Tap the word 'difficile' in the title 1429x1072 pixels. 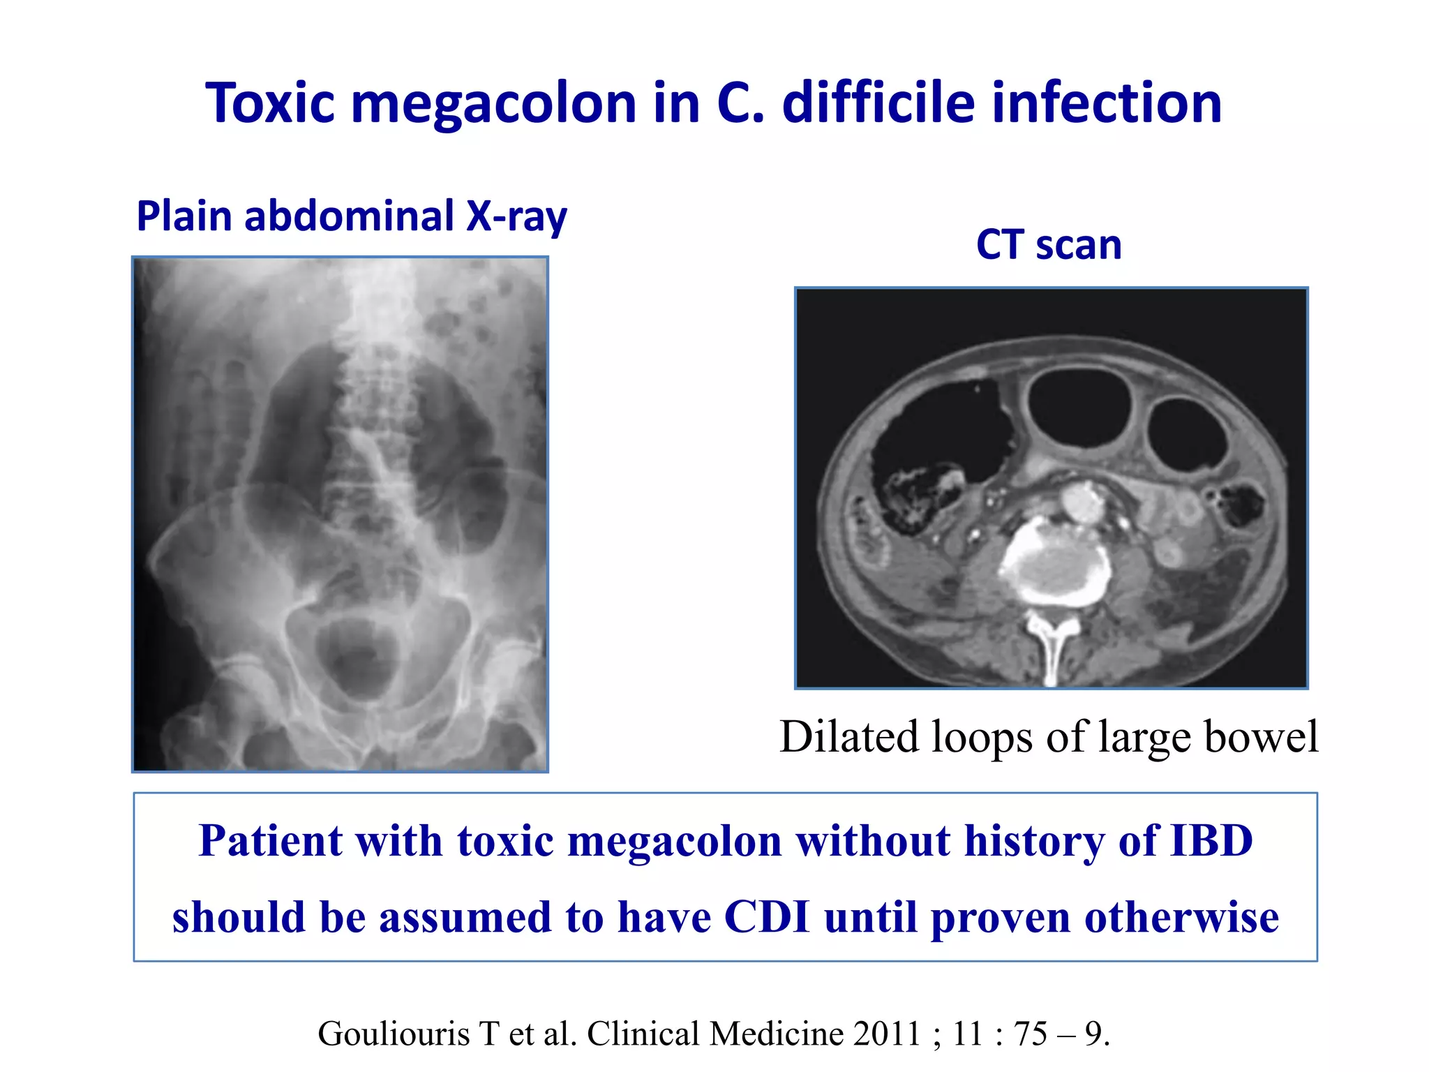[878, 103]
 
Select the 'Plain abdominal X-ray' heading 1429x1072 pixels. [352, 216]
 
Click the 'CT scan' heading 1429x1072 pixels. [1049, 245]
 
